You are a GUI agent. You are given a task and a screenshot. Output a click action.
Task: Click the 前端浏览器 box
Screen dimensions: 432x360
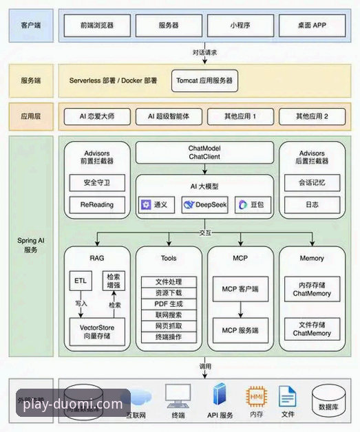97,25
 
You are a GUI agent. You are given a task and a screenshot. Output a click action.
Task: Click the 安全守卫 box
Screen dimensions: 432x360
97,183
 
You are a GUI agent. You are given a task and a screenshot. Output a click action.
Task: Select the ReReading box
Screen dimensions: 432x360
97,204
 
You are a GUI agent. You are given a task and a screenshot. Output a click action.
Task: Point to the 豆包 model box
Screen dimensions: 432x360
251,204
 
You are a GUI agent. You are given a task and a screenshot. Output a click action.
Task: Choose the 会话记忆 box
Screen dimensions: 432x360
312,183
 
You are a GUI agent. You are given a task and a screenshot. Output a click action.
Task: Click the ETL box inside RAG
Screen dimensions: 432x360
79,281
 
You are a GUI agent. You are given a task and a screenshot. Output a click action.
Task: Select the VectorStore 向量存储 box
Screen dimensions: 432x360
97,334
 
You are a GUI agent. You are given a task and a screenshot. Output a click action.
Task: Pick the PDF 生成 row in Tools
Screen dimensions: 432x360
169,304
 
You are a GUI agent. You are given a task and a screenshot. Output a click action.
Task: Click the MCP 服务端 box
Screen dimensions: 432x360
240,330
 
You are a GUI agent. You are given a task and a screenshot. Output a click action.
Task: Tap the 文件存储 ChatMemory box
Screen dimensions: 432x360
312,329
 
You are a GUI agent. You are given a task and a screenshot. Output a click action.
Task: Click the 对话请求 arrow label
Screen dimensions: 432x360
204,52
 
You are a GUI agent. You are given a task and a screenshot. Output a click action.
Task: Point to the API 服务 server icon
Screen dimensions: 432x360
220,397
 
